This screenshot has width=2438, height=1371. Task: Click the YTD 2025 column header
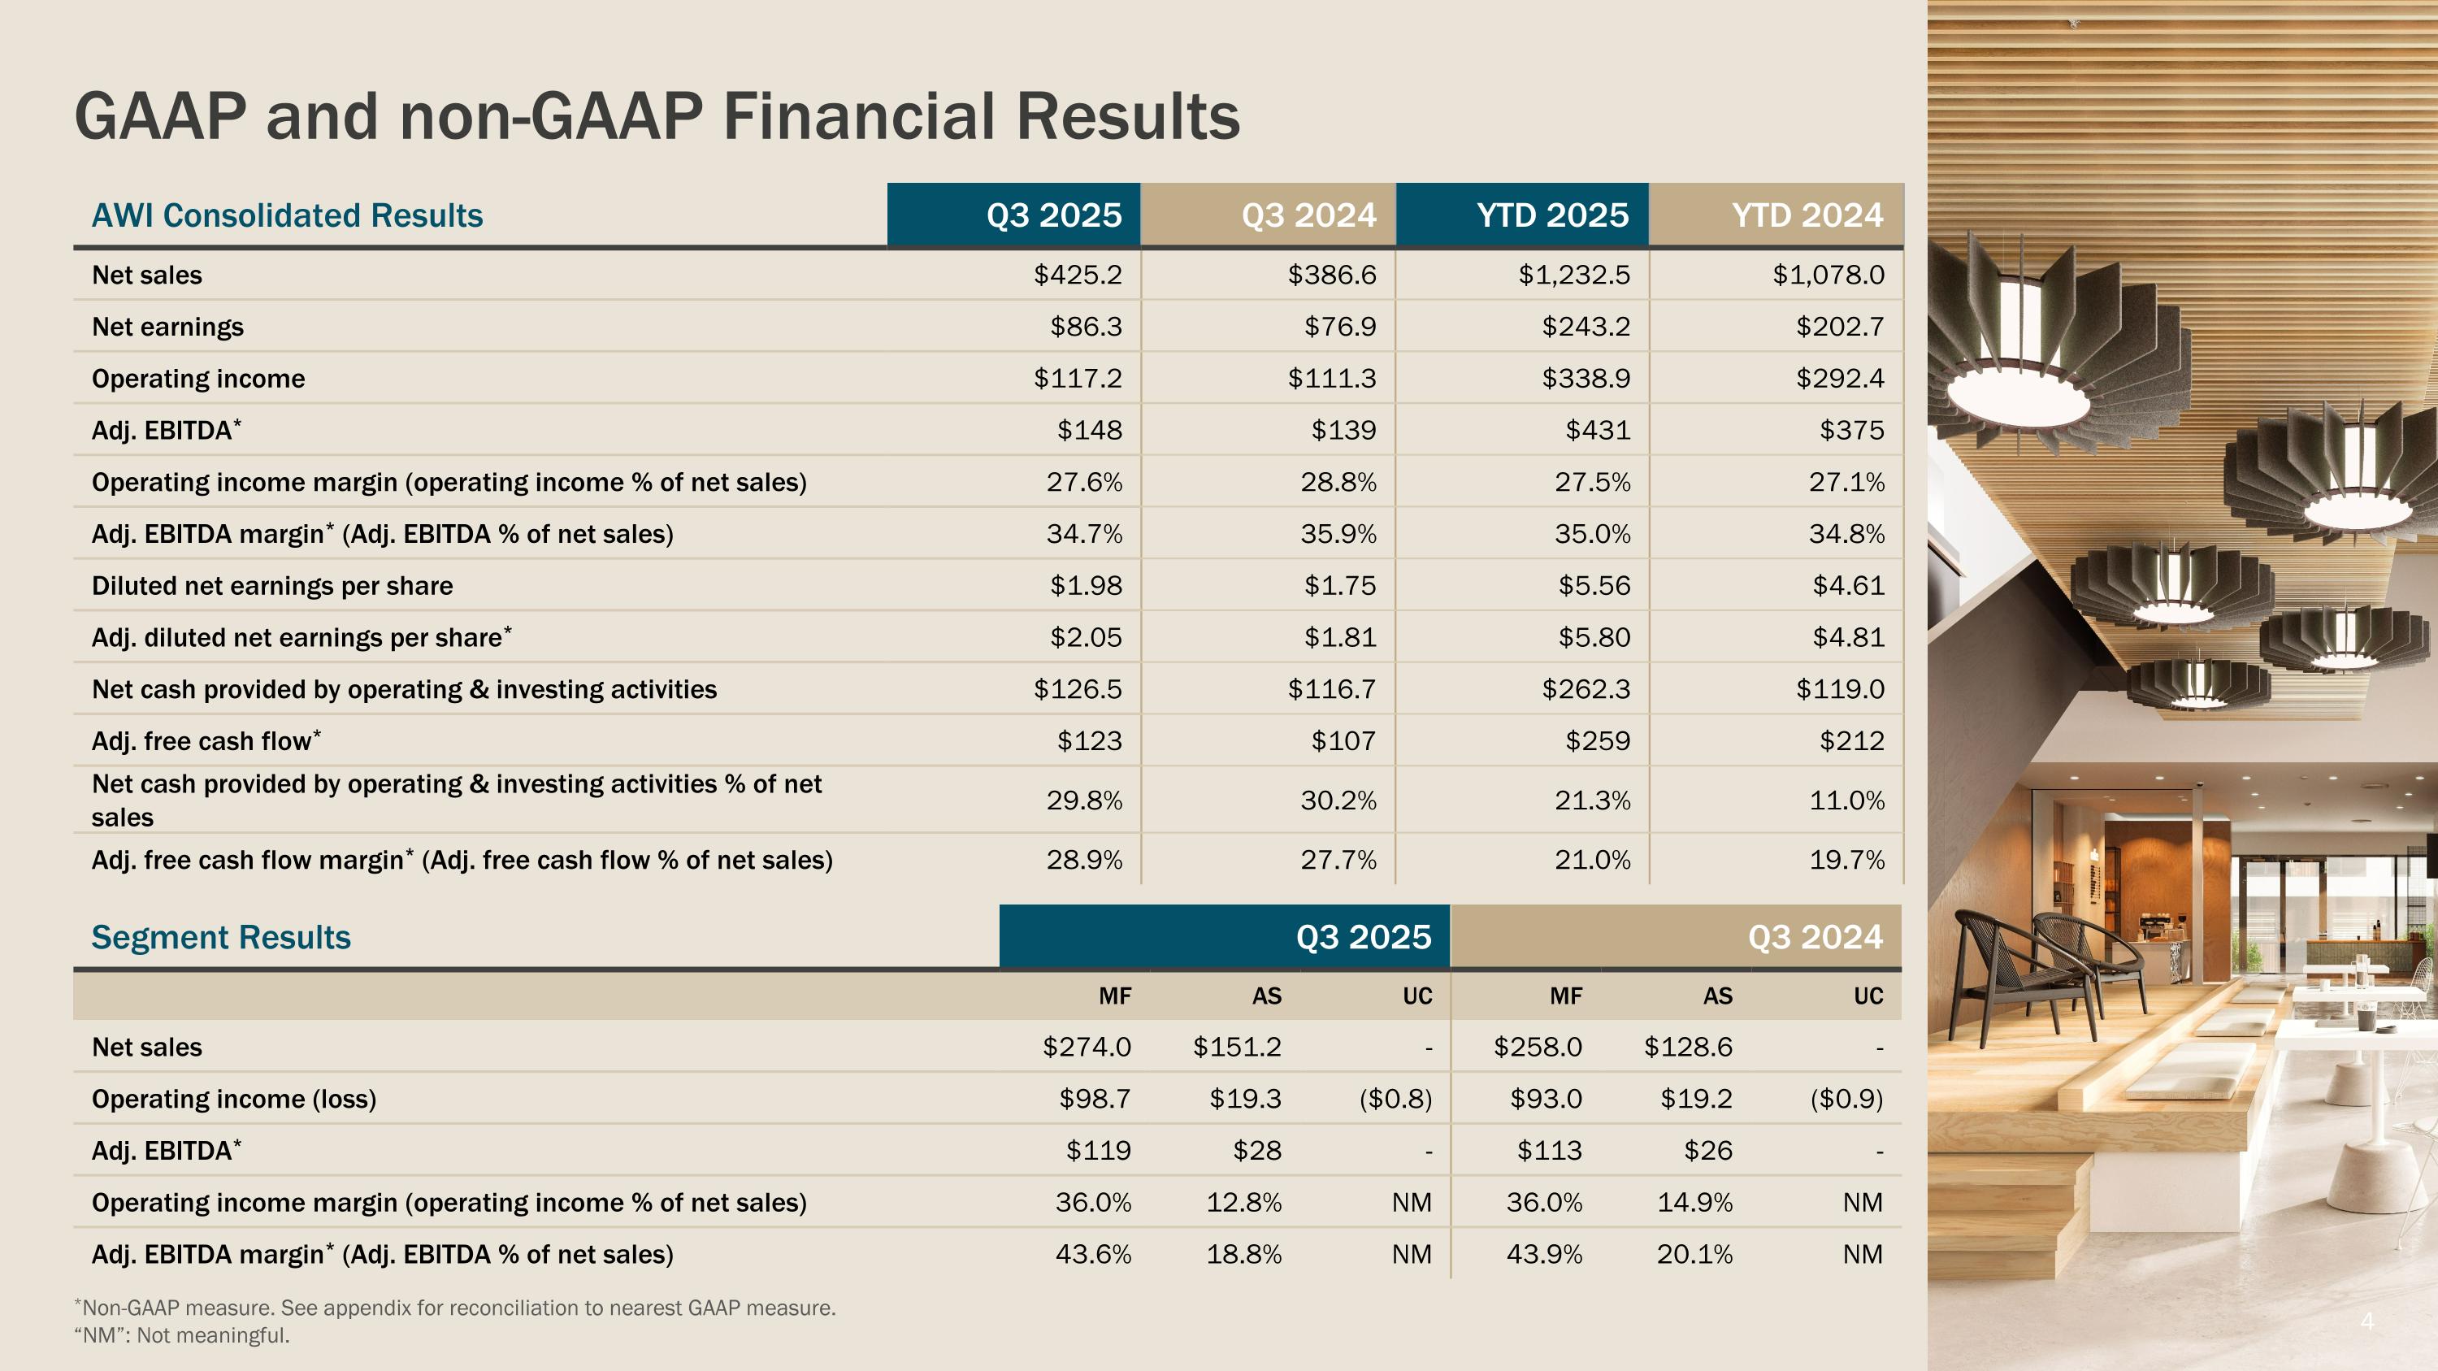1552,215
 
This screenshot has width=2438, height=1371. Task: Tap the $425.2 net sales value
1077,276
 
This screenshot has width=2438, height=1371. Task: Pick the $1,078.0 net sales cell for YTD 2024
1828,276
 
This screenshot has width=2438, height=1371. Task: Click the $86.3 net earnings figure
1086,328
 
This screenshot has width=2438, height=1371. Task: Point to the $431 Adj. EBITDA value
1598,431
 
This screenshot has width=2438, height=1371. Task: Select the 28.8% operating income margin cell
1338,483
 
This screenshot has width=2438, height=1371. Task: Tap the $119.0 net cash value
1840,690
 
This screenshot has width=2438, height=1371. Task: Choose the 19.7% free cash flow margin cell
1846,860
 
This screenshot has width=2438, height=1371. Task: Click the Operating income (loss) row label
234,1100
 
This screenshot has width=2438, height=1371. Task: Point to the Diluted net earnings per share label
271,587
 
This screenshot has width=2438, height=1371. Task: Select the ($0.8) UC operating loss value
1395,1100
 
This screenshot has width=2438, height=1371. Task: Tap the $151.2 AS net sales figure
1236,1048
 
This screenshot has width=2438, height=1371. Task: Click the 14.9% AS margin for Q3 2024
1694,1203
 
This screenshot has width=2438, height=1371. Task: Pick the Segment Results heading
220,938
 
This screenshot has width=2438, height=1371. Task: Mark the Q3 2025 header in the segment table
1363,938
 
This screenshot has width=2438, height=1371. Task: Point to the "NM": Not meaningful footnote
182,1336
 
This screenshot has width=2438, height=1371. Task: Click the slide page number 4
2367,1321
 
